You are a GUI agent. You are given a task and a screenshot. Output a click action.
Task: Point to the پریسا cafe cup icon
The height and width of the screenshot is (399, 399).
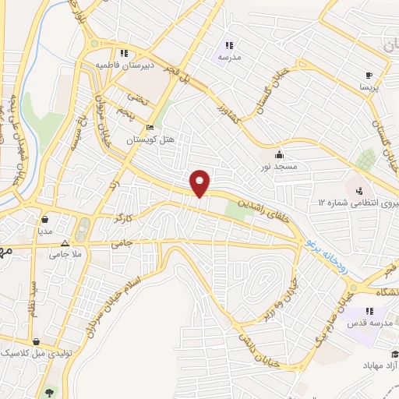pyautogui.click(x=369, y=76)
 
